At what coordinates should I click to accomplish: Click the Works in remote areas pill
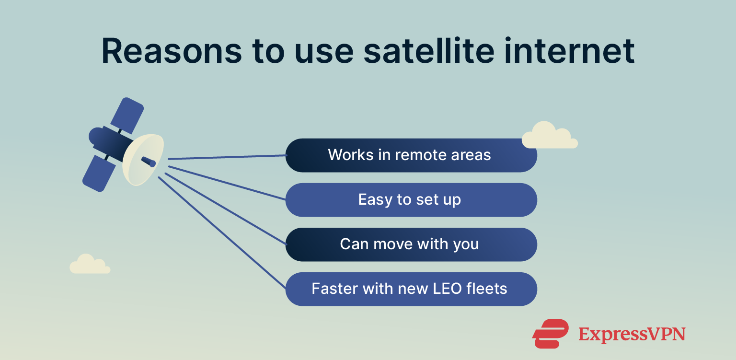pyautogui.click(x=411, y=155)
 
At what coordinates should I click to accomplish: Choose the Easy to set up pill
pyautogui.click(x=411, y=200)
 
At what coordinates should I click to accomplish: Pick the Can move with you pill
pyautogui.click(x=411, y=244)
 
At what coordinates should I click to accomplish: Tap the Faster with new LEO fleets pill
pyautogui.click(x=411, y=289)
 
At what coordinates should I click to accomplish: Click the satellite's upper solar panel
pyautogui.click(x=127, y=116)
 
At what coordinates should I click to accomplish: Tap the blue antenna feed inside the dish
pyautogui.click(x=149, y=162)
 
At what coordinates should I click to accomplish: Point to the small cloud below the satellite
pyautogui.click(x=90, y=265)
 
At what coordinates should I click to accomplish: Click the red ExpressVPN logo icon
pyautogui.click(x=550, y=334)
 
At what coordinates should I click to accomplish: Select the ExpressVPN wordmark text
pyautogui.click(x=632, y=335)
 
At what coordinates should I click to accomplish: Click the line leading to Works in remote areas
pyautogui.click(x=228, y=157)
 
